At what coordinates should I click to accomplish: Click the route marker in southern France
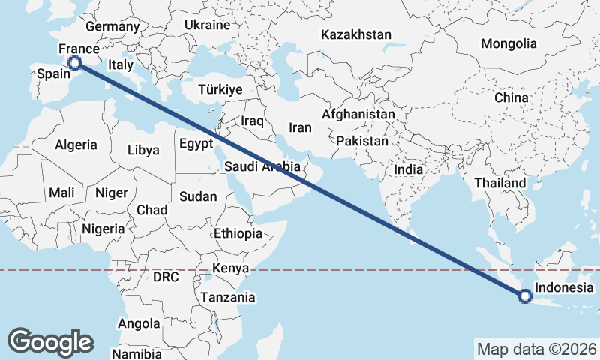point(75,64)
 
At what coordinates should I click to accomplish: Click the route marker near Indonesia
point(524,297)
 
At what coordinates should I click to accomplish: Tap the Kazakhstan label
point(356,34)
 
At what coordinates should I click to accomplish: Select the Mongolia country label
point(508,43)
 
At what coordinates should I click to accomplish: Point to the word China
point(511,97)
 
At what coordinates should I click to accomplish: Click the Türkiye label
point(220,89)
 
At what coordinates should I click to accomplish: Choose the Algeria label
point(76,145)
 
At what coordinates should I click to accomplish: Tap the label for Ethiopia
point(238,233)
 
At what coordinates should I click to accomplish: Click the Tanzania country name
point(227,297)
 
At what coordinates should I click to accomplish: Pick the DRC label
point(166,277)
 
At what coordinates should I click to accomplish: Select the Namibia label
point(136,353)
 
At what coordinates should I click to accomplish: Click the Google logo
point(50,341)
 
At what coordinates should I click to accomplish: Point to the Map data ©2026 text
point(536,349)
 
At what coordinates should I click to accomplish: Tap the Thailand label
point(499,183)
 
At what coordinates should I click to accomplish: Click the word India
point(409,169)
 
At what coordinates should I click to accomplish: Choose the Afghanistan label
point(358,115)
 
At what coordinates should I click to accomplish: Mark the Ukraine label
point(207,25)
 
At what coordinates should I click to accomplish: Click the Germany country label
point(112,26)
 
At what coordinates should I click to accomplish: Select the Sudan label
point(198,197)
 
